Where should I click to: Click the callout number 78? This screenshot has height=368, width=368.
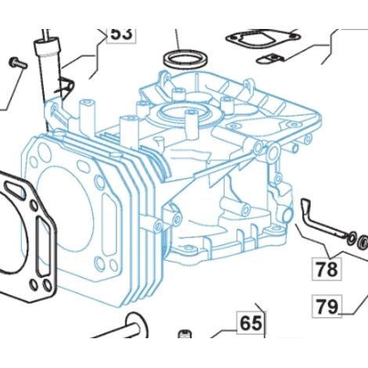point(327,269)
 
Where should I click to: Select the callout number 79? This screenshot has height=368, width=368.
point(327,306)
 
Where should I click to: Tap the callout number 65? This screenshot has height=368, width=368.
point(251,323)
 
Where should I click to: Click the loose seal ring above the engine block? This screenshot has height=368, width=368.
point(186,59)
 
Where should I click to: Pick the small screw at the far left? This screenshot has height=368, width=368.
point(18,63)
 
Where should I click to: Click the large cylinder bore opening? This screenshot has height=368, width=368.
point(64,209)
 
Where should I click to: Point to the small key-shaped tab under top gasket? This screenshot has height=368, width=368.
point(270,59)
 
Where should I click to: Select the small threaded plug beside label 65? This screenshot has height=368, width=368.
point(185,334)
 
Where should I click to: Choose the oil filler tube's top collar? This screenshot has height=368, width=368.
point(48,46)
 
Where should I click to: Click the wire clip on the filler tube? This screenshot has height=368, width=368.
point(65,85)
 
